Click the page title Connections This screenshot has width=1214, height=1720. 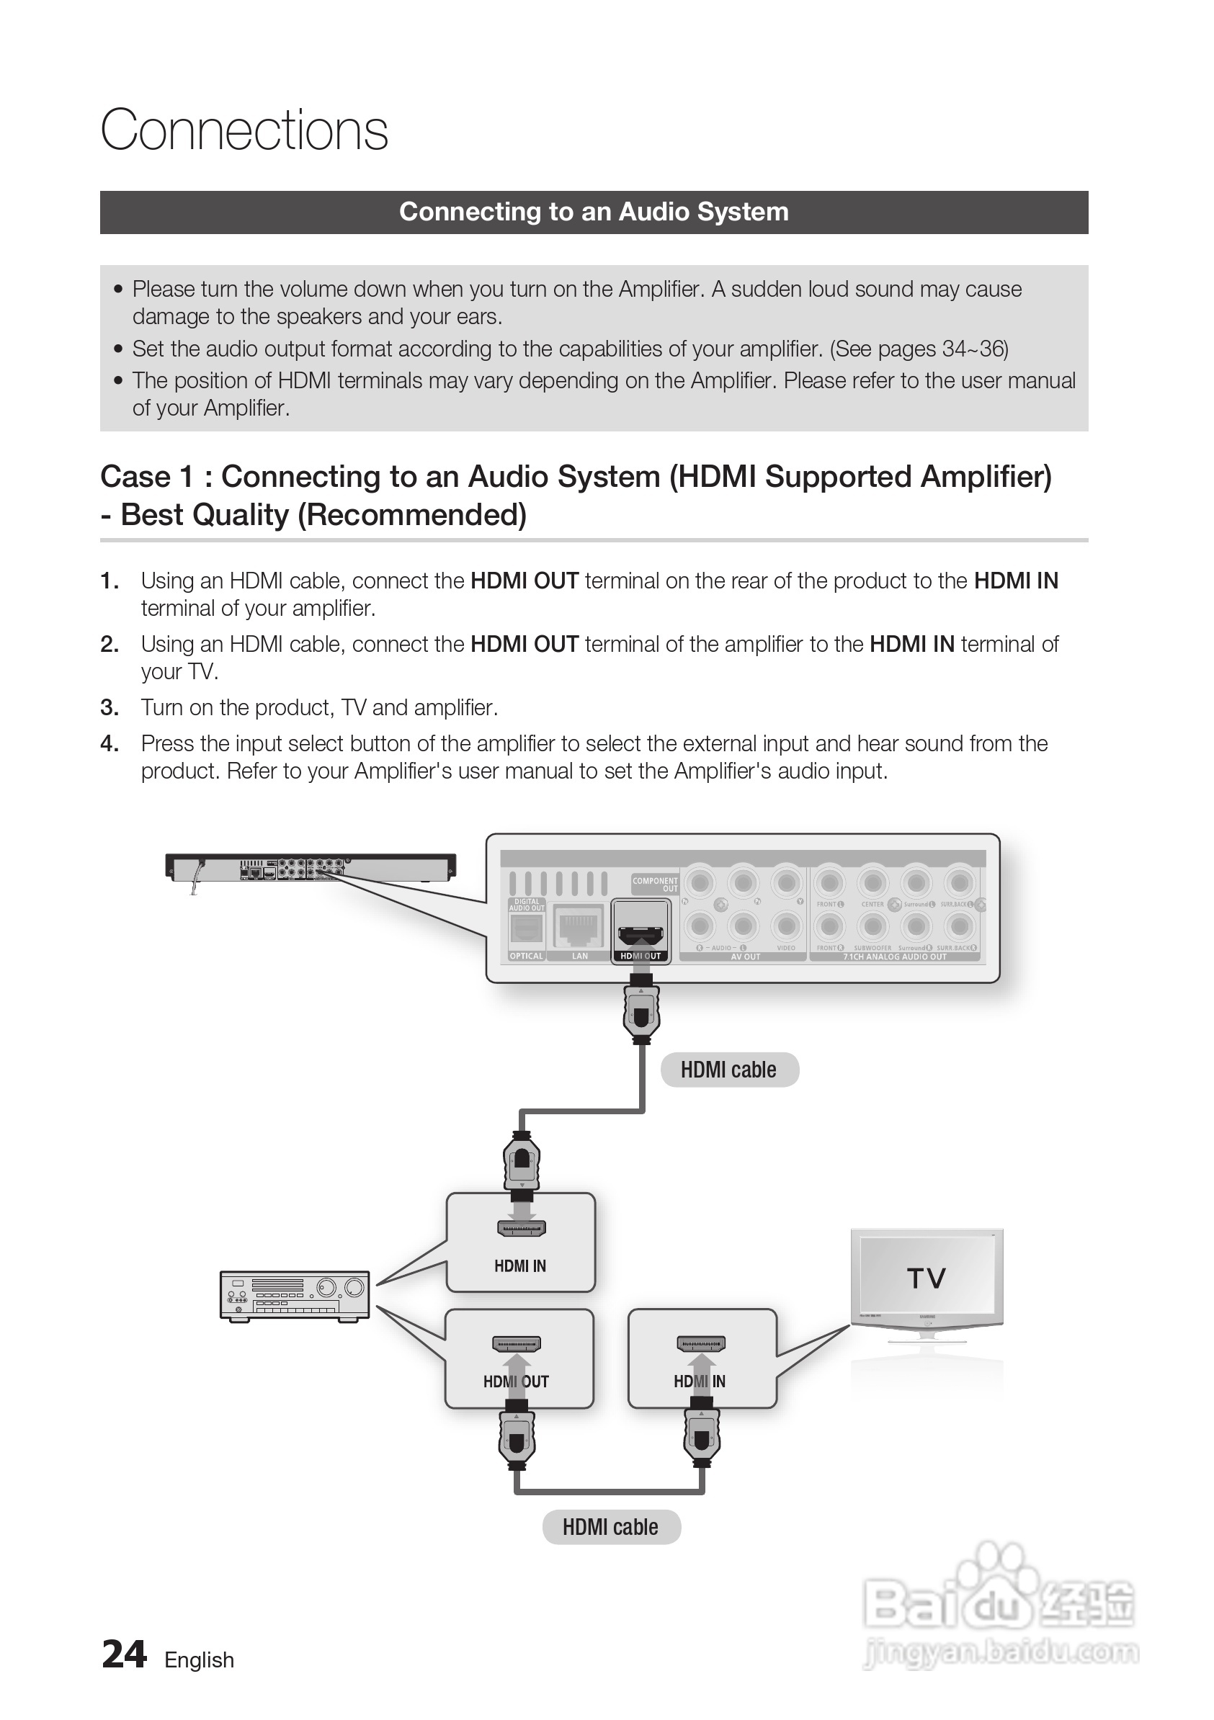[x=244, y=130]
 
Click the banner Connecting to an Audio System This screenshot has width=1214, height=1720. [x=594, y=212]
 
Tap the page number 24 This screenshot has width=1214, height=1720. [x=124, y=1655]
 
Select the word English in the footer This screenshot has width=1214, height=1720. [x=200, y=1660]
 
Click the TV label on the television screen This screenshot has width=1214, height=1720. [x=927, y=1277]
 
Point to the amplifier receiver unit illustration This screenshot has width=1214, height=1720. [x=295, y=1296]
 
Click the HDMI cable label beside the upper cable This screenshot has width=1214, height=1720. [x=728, y=1070]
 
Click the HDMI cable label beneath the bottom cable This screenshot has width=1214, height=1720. [x=611, y=1527]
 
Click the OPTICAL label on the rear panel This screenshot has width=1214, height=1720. [x=526, y=956]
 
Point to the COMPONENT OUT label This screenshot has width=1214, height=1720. [x=655, y=884]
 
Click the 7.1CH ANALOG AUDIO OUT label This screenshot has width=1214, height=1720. [x=895, y=957]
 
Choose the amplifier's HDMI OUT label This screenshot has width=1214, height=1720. [x=516, y=1381]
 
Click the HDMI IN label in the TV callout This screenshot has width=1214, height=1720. [x=699, y=1381]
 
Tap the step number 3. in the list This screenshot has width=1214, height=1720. [x=110, y=707]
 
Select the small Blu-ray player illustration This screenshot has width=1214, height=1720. [x=311, y=866]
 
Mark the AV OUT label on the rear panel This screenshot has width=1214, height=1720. [x=746, y=957]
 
